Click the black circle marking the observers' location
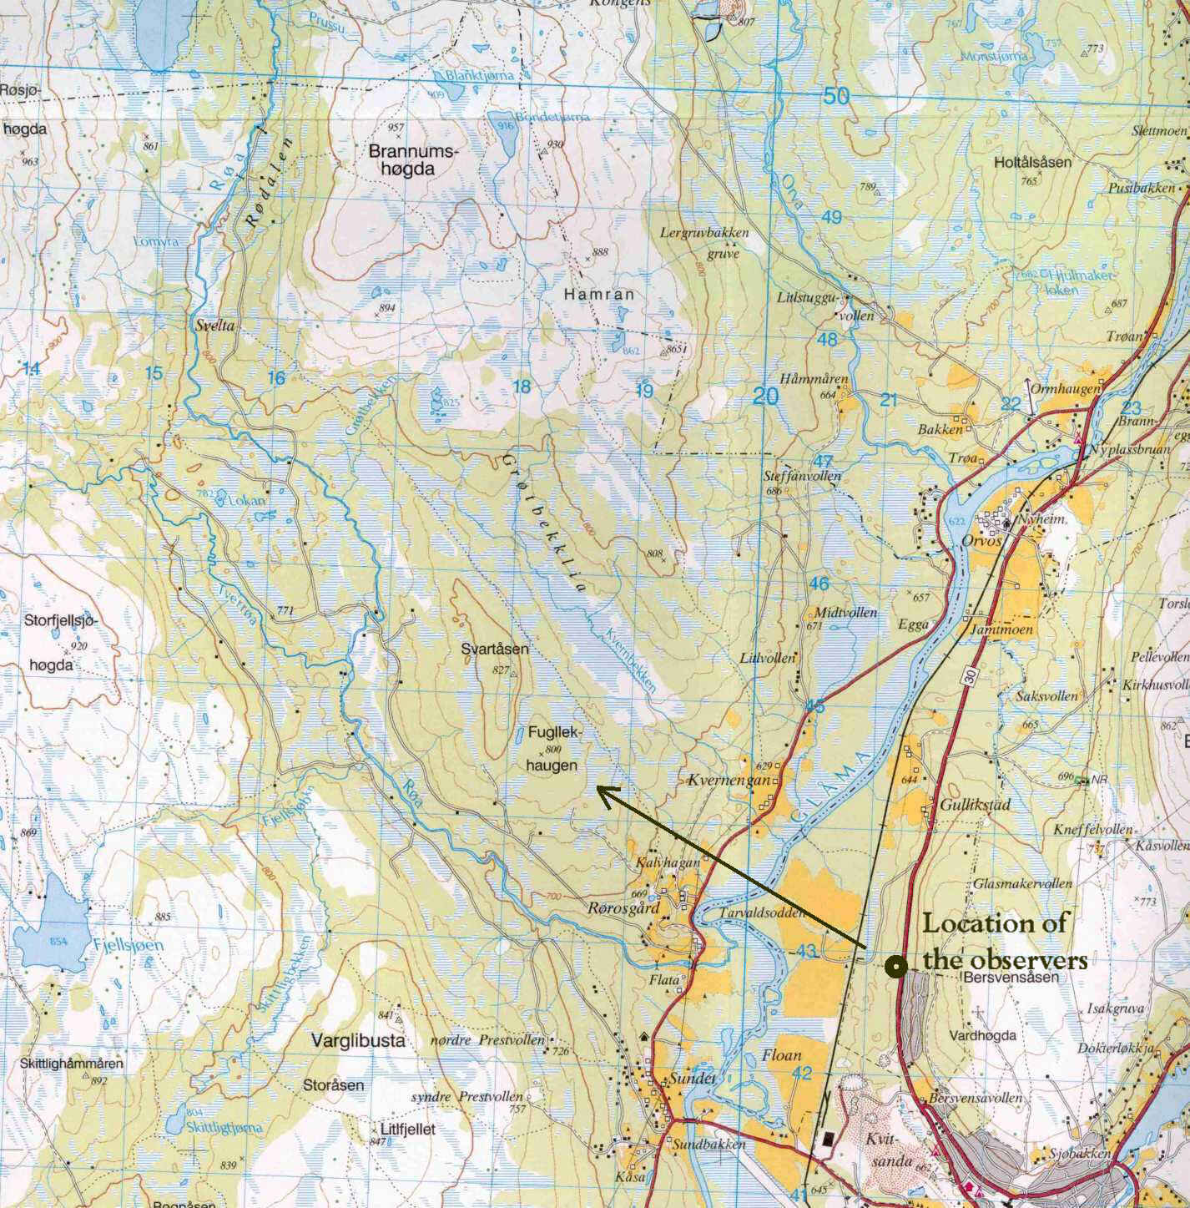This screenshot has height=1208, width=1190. (896, 967)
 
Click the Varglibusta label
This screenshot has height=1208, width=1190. (358, 1041)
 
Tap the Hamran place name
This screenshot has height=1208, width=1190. (598, 295)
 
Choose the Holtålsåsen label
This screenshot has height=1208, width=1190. (1032, 163)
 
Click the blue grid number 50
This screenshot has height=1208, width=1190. (836, 97)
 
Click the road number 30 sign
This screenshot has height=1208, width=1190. (968, 678)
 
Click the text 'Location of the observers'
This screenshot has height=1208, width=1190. (1001, 942)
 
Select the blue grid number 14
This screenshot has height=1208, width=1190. (31, 369)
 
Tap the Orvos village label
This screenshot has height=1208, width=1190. (978, 539)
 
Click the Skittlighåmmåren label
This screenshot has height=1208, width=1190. (62, 1064)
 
